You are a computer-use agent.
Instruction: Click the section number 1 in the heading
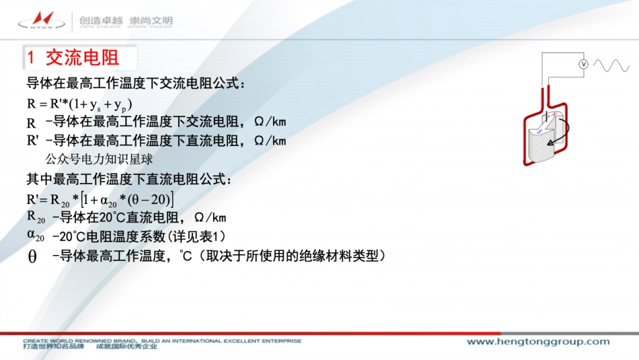coord(31,58)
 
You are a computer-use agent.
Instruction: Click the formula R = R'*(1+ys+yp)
coord(79,104)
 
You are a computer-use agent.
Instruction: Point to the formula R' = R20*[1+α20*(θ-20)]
coord(100,199)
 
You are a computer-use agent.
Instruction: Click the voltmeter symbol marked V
coord(584,63)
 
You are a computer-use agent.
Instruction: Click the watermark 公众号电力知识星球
coord(99,159)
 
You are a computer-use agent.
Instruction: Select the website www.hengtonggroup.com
coord(538,342)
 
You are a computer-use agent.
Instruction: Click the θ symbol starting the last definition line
coord(32,257)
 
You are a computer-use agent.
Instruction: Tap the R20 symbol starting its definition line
coord(36,217)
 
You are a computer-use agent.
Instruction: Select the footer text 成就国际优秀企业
coord(126,347)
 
